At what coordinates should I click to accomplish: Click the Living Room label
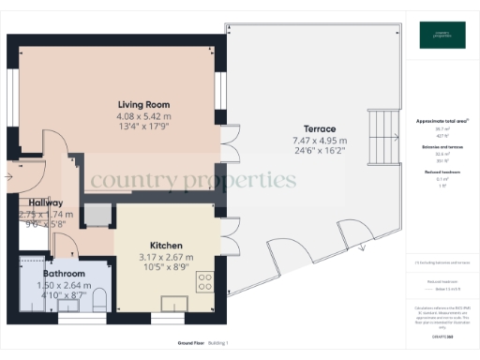(x=142, y=103)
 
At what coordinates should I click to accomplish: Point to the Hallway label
(x=45, y=202)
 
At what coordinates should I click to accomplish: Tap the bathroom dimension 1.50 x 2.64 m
(x=65, y=284)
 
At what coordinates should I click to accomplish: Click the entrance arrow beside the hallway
(x=13, y=173)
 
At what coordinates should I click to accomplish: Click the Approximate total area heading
(x=441, y=122)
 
